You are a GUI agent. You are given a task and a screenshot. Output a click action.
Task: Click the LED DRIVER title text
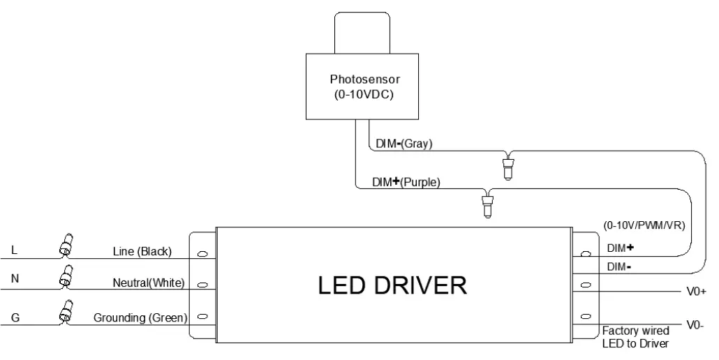[392, 285]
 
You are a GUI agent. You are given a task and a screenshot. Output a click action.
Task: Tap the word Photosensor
[365, 80]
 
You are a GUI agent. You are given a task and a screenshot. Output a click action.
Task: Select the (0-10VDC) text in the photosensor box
[363, 96]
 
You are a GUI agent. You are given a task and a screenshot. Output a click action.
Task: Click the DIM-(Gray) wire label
[404, 143]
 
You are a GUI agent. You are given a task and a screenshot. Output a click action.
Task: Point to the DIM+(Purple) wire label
[406, 182]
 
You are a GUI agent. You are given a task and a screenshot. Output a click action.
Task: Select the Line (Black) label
[142, 251]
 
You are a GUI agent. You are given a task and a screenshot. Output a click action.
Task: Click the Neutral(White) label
[149, 283]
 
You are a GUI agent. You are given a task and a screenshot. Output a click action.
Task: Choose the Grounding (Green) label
[140, 318]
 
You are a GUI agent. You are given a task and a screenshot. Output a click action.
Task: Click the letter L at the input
[14, 250]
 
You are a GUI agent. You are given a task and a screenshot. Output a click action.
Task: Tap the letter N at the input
[15, 278]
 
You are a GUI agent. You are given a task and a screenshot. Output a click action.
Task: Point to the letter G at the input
[15, 317]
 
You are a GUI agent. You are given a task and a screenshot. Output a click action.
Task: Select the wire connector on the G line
[66, 313]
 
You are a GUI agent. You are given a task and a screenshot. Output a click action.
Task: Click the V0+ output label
[696, 292]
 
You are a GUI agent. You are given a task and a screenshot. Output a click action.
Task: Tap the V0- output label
[695, 325]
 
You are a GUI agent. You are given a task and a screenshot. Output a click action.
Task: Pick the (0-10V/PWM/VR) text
[644, 225]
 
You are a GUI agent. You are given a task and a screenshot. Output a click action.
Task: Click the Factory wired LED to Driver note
[635, 337]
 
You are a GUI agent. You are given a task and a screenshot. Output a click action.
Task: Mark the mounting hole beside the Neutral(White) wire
[202, 285]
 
